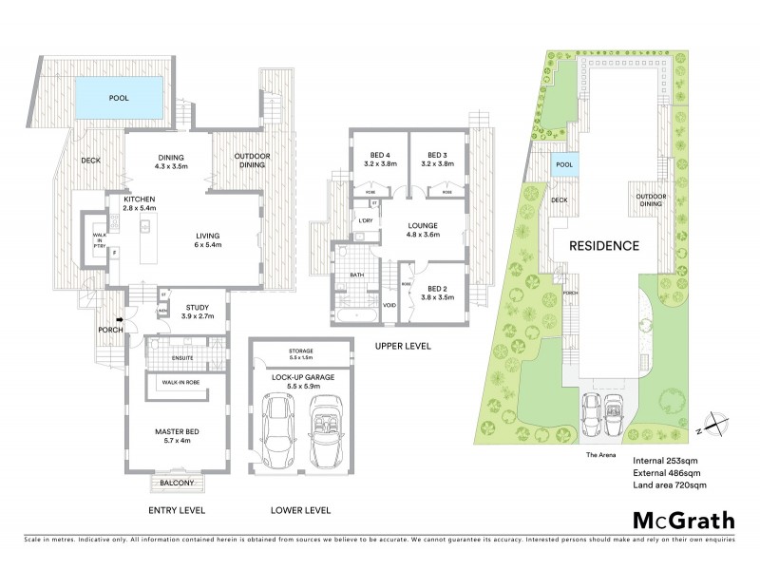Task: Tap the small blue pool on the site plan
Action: pos(564,164)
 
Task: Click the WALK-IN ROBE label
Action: pos(180,381)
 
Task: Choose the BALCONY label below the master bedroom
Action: pos(178,483)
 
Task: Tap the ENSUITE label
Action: pos(183,357)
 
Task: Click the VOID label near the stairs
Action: pos(389,306)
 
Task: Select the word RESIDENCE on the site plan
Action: pos(603,245)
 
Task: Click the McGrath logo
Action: pos(682,520)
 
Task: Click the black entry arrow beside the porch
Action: pos(120,320)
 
